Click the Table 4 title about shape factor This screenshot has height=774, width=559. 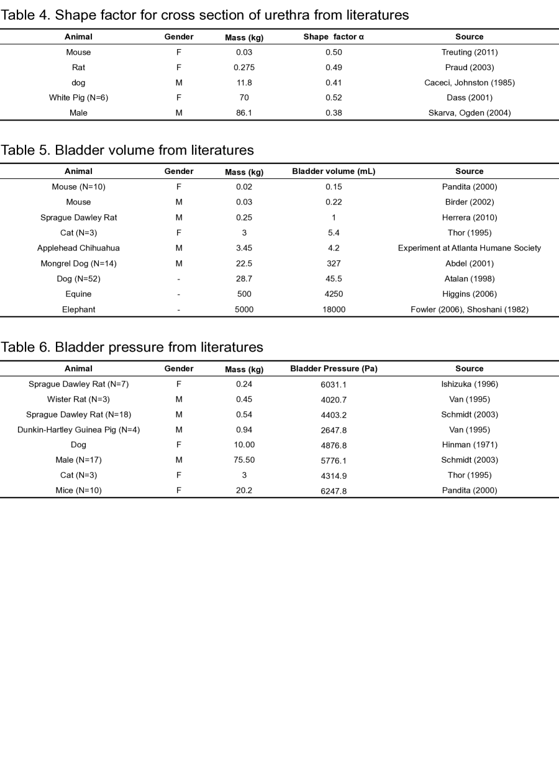click(x=204, y=15)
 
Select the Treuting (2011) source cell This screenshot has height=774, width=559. click(x=469, y=52)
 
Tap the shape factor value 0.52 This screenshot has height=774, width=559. click(x=334, y=98)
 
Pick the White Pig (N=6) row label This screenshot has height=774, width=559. click(x=78, y=98)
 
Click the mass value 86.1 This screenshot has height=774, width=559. click(x=244, y=113)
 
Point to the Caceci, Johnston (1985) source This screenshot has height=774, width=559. click(x=469, y=83)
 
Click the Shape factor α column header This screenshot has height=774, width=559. click(x=334, y=37)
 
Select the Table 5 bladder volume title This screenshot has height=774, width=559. click(x=127, y=150)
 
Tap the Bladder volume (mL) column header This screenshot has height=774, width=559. click(x=334, y=171)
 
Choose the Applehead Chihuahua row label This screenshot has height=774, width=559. click(x=78, y=248)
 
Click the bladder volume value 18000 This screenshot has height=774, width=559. click(x=334, y=309)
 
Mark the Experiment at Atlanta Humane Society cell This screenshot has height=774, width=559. click(x=469, y=248)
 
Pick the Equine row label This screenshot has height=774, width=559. click(x=78, y=294)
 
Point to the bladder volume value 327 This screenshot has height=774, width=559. click(x=334, y=263)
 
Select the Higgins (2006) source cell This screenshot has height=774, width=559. click(x=469, y=294)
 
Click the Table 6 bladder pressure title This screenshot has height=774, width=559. click(x=132, y=347)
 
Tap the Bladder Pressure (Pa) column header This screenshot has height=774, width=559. click(x=334, y=369)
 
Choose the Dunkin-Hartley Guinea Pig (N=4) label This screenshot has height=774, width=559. click(x=78, y=430)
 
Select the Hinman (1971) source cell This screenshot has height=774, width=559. click(x=469, y=445)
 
